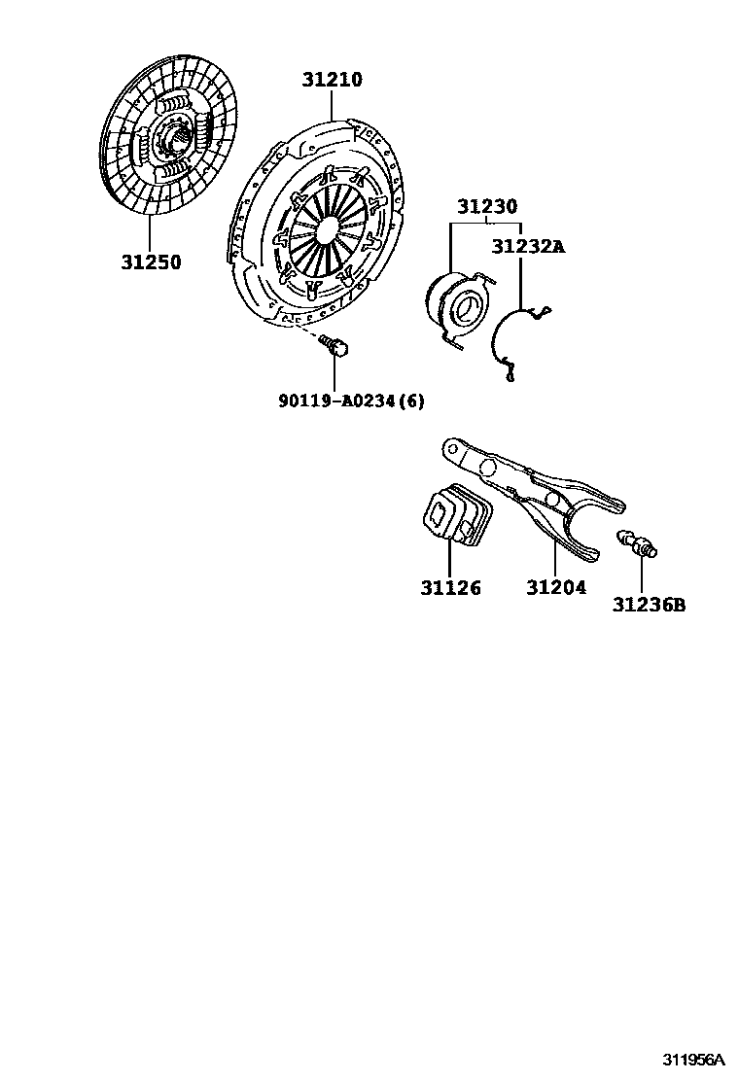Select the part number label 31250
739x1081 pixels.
[x=151, y=262]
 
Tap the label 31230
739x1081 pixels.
[x=487, y=207]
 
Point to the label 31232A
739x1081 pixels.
[x=527, y=246]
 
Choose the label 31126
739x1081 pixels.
[x=450, y=588]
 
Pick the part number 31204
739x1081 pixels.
[x=556, y=588]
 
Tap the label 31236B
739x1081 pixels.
[x=649, y=605]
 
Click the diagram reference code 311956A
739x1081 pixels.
[x=695, y=1060]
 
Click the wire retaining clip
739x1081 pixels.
[x=515, y=340]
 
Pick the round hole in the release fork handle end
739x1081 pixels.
[x=450, y=449]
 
